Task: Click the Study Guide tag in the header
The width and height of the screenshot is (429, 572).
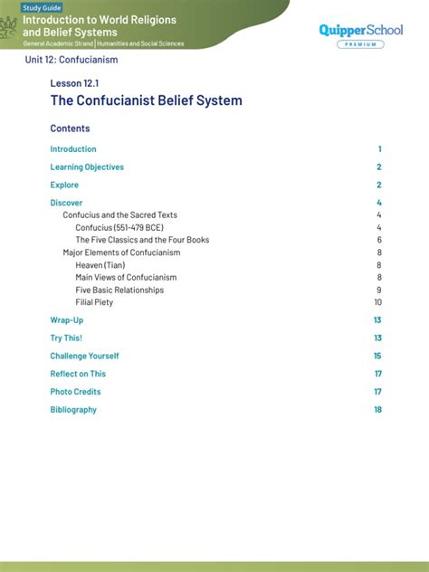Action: [42, 8]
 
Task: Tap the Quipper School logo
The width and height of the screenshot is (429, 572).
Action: [360, 30]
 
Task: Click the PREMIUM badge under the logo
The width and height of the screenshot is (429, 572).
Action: [360, 44]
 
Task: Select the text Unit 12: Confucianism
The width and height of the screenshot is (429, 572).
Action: [71, 60]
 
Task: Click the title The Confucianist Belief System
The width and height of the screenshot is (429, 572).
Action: [146, 100]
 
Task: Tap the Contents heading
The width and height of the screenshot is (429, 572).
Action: [70, 129]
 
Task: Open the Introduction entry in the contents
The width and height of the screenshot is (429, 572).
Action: [73, 149]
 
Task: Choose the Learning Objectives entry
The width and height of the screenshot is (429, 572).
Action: [87, 167]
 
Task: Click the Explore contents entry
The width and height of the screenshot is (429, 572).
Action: [64, 186]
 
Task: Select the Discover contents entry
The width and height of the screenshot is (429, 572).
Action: [66, 203]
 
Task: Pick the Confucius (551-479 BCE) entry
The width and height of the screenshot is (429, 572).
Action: [126, 227]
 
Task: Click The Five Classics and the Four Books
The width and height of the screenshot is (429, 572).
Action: [142, 240]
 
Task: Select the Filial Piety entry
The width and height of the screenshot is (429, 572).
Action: [94, 302]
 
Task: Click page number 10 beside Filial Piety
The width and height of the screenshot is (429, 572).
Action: [377, 302]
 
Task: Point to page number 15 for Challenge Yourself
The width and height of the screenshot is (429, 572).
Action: [377, 356]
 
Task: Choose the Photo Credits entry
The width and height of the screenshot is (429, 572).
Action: [75, 392]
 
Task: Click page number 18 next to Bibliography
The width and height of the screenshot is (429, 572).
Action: [377, 410]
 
